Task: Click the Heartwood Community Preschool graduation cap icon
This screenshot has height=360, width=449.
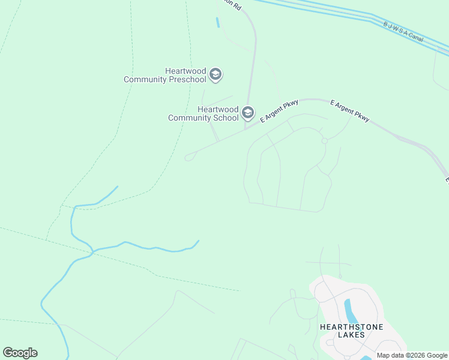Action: [215, 75]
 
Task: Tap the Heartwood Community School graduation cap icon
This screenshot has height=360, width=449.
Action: [247, 113]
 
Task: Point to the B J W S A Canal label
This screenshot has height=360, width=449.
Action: [403, 32]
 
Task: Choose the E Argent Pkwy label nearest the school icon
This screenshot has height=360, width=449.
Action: [279, 112]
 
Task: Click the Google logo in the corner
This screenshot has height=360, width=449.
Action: [20, 353]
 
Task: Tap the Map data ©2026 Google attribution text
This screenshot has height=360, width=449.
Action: [412, 355]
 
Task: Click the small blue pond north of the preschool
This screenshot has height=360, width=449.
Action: [217, 23]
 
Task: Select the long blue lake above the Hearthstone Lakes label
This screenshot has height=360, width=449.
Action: [349, 311]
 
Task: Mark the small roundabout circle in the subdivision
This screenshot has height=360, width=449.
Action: [324, 140]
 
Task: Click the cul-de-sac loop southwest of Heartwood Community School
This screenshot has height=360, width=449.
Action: [189, 157]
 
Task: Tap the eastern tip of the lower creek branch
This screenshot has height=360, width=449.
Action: [198, 241]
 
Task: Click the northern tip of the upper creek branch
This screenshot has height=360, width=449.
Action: [117, 187]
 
